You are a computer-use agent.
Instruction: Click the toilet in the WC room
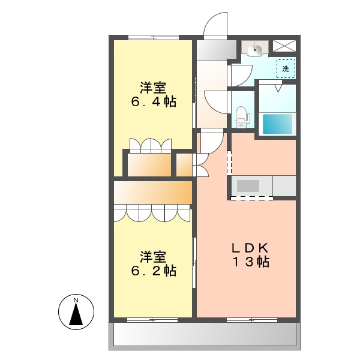(241, 116)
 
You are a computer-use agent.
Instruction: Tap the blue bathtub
(277, 124)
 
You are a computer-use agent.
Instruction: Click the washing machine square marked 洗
(286, 68)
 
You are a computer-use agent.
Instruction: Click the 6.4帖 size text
(154, 101)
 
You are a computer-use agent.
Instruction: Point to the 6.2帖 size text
(154, 271)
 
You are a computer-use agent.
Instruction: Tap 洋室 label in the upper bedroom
(154, 86)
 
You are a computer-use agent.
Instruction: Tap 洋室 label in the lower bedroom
(154, 256)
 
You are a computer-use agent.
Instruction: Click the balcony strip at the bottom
(205, 335)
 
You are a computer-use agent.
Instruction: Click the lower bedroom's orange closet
(153, 192)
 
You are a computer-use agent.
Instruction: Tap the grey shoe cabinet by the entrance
(211, 50)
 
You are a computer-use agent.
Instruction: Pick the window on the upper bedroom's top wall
(153, 38)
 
